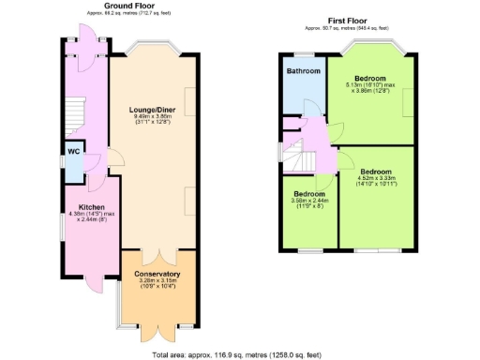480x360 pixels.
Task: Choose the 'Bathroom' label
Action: (x=304, y=71)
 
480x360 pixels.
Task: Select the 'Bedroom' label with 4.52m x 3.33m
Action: (x=376, y=172)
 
